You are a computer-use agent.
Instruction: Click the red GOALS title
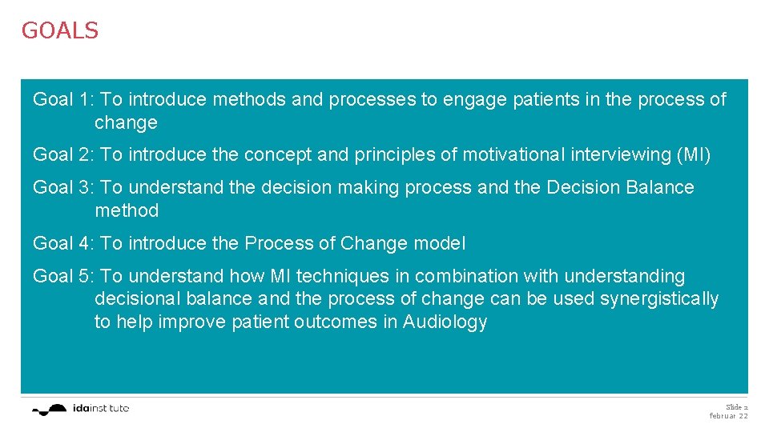pyautogui.click(x=60, y=30)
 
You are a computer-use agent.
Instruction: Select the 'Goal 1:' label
pyautogui.click(x=64, y=100)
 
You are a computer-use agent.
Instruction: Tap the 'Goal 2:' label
pyautogui.click(x=64, y=155)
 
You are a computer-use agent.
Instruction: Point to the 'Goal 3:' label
pyautogui.click(x=64, y=188)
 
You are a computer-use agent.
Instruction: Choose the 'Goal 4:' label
pyautogui.click(x=64, y=243)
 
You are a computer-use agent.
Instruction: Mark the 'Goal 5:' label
pyautogui.click(x=64, y=277)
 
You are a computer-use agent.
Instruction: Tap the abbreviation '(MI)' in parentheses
pyautogui.click(x=694, y=155)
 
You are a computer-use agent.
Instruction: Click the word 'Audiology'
pyautogui.click(x=445, y=322)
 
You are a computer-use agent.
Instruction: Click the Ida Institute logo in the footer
pyautogui.click(x=80, y=409)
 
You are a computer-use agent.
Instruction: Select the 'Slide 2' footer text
pyautogui.click(x=736, y=407)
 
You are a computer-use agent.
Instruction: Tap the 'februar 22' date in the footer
pyautogui.click(x=728, y=417)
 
